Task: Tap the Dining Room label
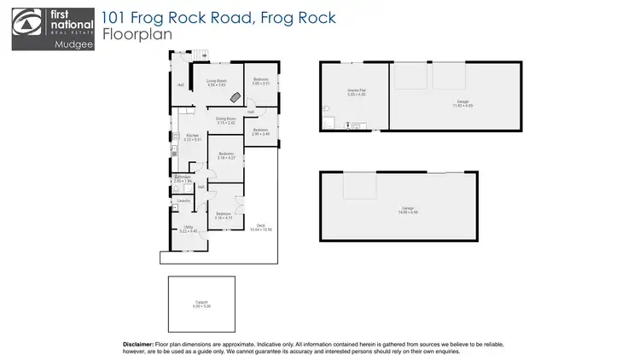[x=225, y=120]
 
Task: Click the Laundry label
[x=183, y=200]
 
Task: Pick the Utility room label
[x=188, y=228]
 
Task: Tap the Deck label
[x=259, y=228]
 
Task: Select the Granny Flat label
[x=356, y=92]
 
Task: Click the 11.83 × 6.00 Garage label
[x=463, y=102]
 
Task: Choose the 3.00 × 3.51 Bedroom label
[x=260, y=81]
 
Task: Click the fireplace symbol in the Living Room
[x=224, y=96]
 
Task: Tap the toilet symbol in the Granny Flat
[x=328, y=108]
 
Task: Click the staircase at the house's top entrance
[x=201, y=55]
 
